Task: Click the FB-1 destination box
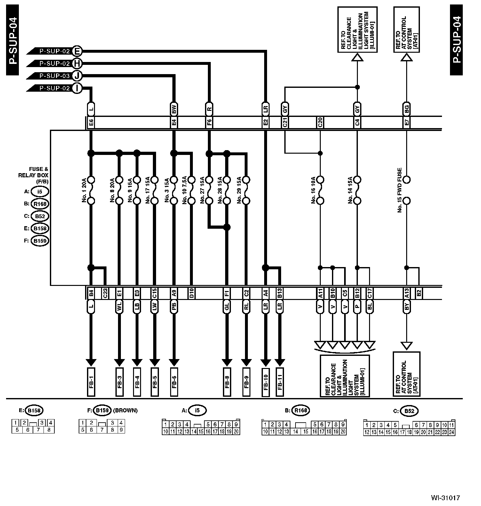91,382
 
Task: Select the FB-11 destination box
280,382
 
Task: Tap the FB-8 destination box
227,382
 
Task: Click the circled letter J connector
77,76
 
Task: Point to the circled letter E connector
77,51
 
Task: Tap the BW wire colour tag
174,110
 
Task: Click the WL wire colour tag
119,307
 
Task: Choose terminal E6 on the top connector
91,123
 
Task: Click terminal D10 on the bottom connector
191,293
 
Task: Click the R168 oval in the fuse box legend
40,204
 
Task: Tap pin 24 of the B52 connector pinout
451,432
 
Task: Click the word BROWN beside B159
125,410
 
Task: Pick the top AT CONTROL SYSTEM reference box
406,30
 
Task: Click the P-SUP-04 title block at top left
13,40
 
